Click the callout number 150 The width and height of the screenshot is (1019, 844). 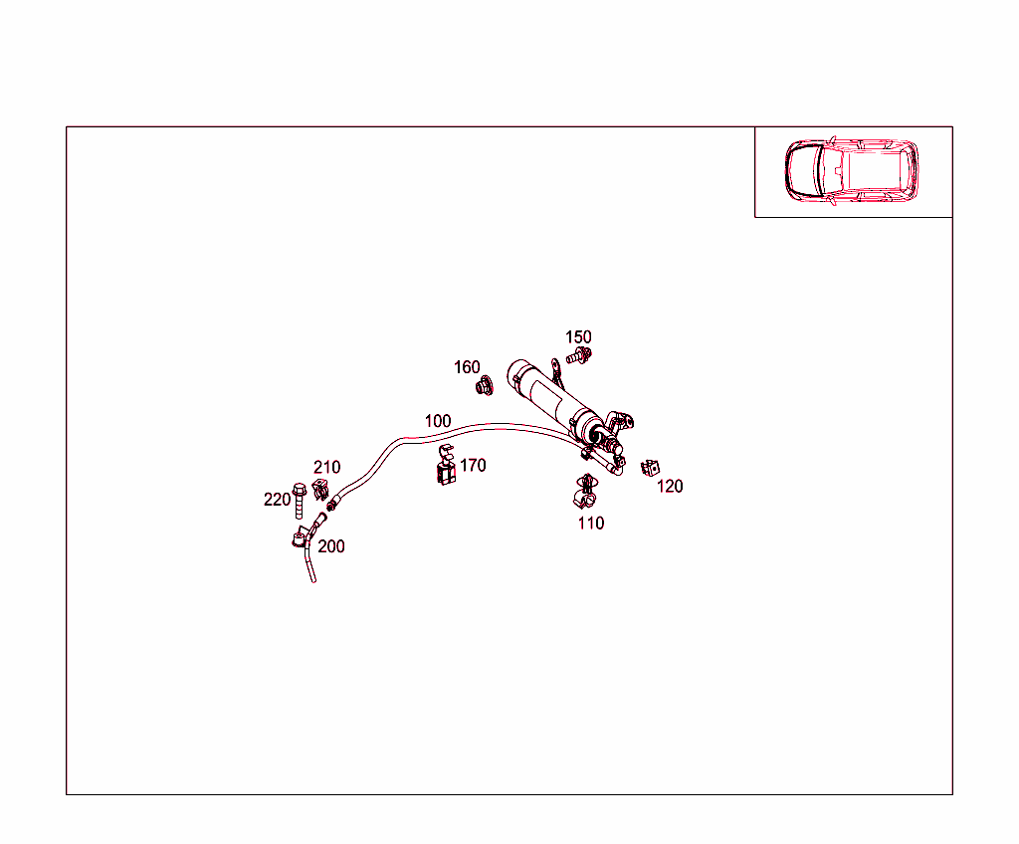coord(578,336)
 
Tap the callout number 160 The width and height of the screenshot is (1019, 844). coord(467,367)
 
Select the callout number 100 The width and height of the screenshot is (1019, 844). coord(438,421)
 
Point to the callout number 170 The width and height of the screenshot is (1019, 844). coord(473,465)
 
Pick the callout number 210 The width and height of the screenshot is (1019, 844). coord(326,467)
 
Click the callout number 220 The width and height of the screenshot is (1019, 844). coord(277,500)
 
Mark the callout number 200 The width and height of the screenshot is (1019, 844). coord(330,546)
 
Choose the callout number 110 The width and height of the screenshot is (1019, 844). coord(591,523)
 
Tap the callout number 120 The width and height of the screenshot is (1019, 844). coord(670,486)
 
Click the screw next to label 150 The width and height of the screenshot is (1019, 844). coord(578,355)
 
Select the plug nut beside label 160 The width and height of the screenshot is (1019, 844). coord(485,386)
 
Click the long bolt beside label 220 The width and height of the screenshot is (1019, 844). coord(299,501)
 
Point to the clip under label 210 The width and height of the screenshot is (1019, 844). coord(319,489)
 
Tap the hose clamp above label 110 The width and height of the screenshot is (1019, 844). coord(585,493)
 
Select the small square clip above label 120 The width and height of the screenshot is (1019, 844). coord(650,468)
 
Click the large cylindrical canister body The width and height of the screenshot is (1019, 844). coord(553,397)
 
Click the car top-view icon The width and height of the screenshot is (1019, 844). coord(852,170)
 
